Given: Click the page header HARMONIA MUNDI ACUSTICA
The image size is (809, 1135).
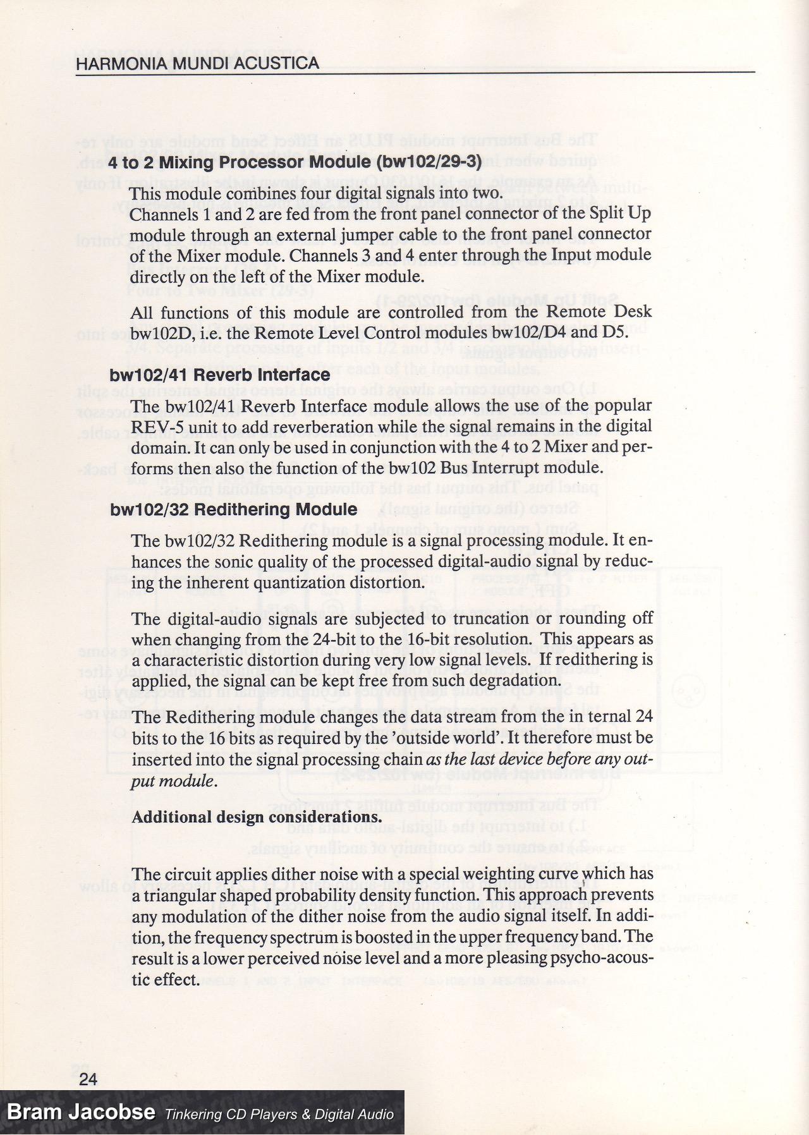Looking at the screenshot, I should pyautogui.click(x=197, y=63).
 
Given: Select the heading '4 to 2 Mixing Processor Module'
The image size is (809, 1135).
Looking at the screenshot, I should pyautogui.click(x=240, y=162).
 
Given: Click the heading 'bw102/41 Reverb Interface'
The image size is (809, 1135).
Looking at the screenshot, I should pyautogui.click(x=220, y=375).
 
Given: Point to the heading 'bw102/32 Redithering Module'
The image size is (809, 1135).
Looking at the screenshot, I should pyautogui.click(x=234, y=509).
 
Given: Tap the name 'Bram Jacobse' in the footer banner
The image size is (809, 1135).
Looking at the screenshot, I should pyautogui.click(x=81, y=1112).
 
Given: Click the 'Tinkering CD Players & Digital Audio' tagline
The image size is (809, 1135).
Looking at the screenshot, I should pyautogui.click(x=279, y=1114).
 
